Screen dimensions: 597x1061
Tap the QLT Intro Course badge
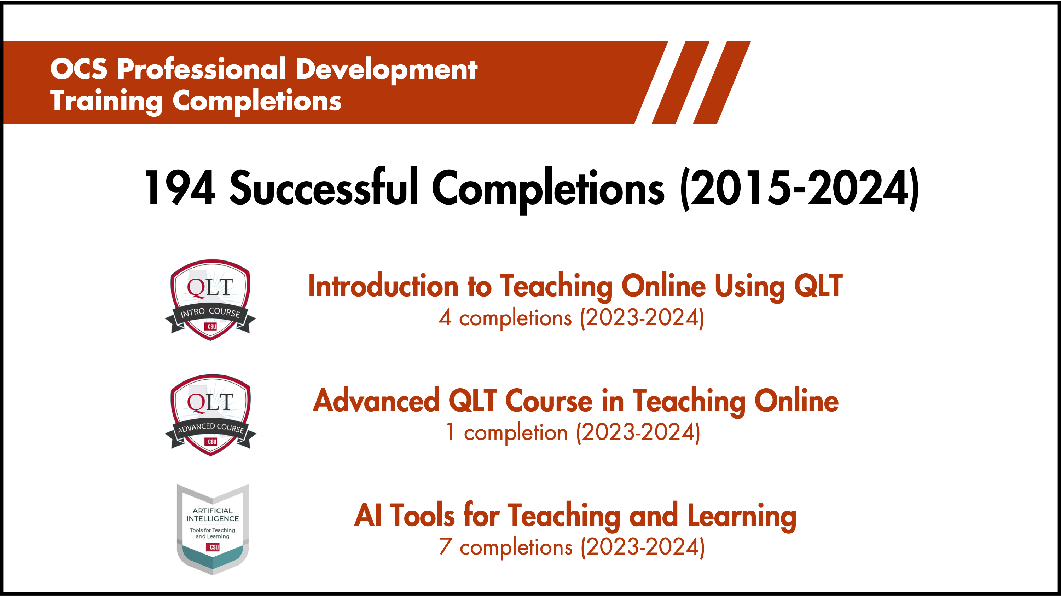coord(210,299)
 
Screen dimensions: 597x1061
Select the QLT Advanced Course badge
coord(210,414)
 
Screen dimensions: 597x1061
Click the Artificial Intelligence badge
coord(213,529)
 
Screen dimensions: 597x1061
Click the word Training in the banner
coord(106,101)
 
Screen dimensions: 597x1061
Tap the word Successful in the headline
coord(324,188)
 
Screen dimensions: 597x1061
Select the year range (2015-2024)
coord(799,188)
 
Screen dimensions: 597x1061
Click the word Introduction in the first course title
coord(383,286)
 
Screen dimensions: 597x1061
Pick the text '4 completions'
coord(505,318)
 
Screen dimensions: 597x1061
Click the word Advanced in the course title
coord(376,401)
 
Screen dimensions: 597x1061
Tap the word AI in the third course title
coord(367,515)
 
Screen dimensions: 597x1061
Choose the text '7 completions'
coord(505,547)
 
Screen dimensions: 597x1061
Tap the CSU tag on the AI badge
coord(214,547)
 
